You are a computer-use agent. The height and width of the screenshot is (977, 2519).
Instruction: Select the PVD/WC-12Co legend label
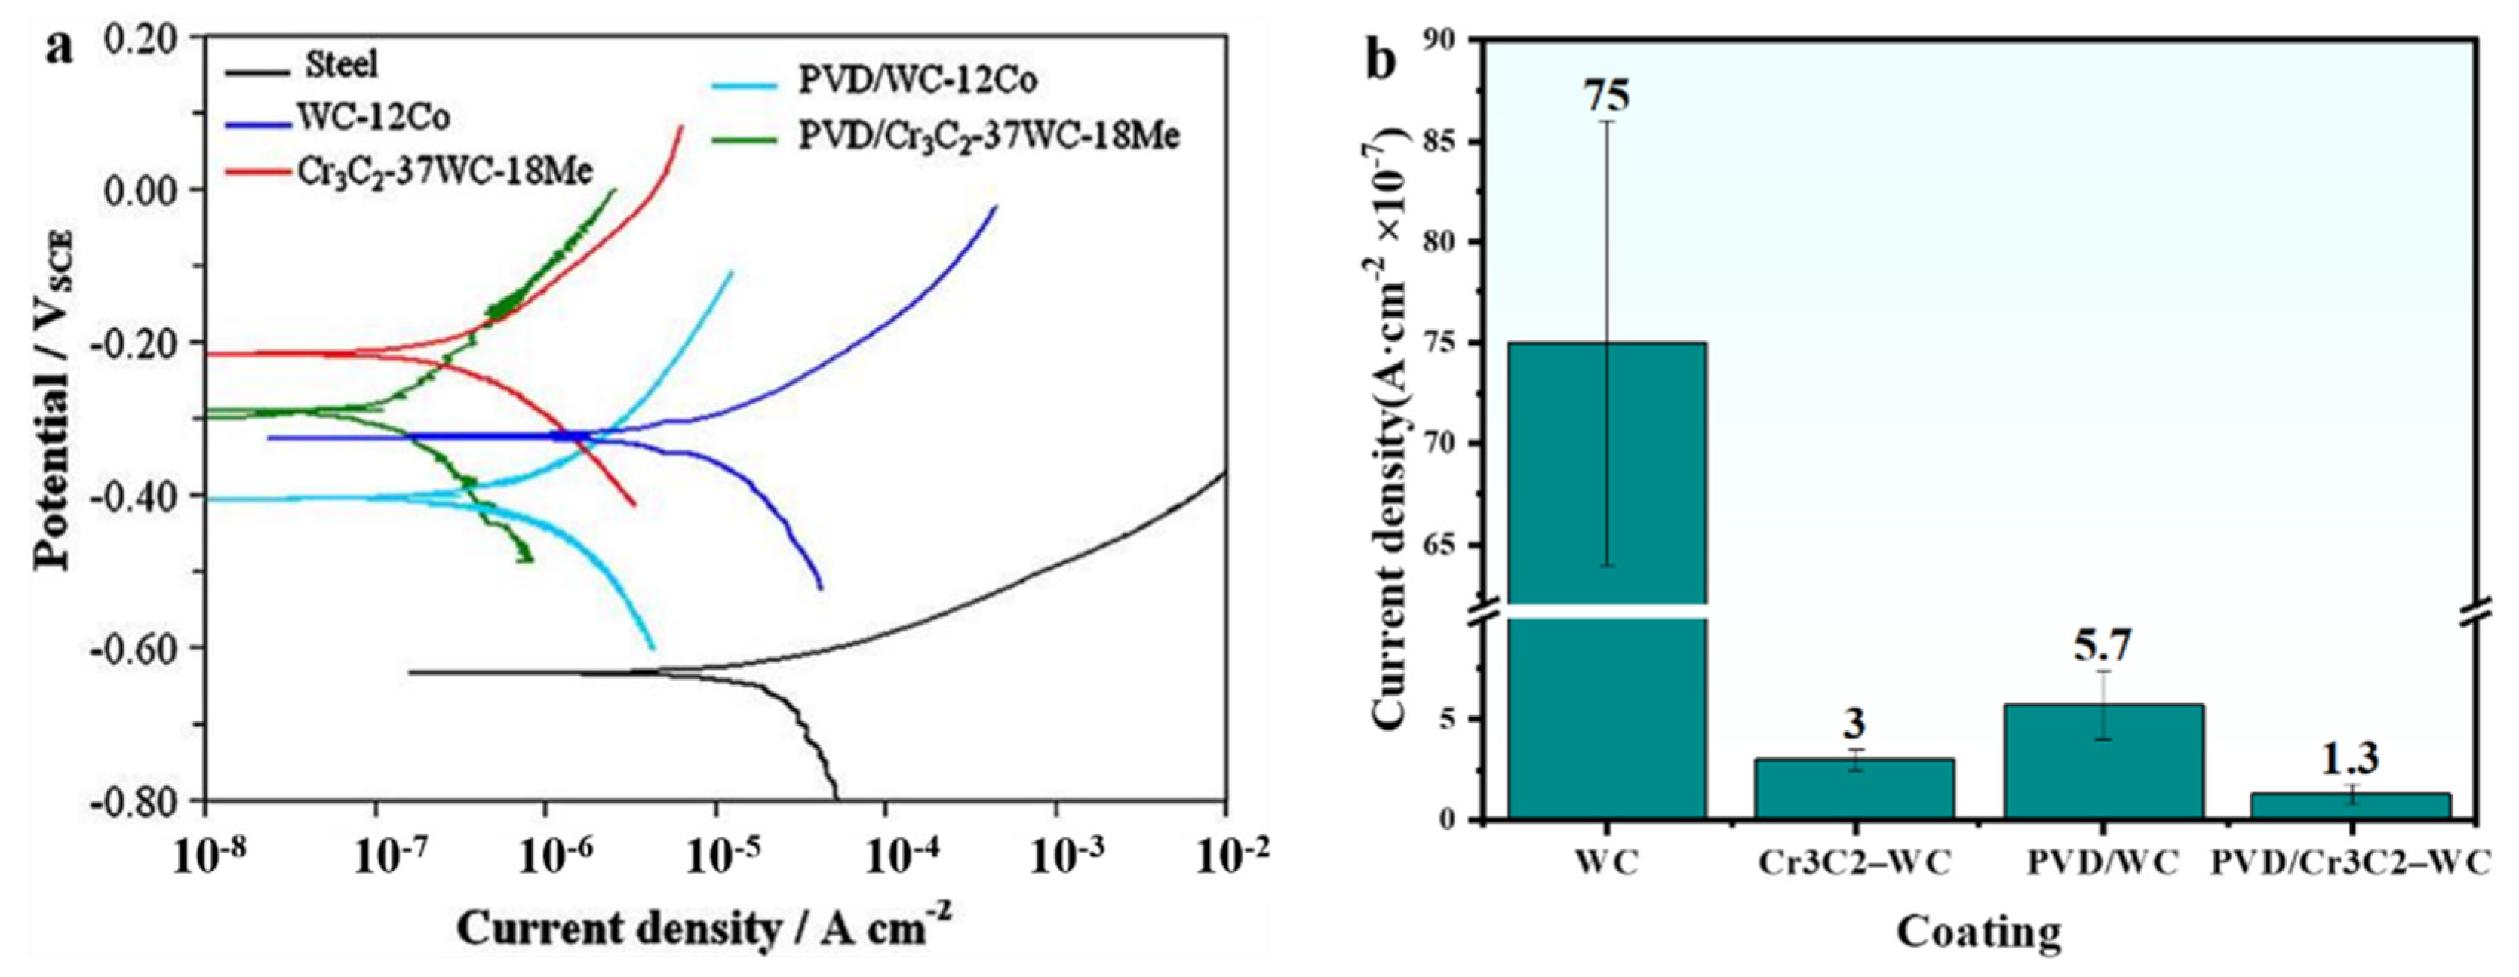point(917,80)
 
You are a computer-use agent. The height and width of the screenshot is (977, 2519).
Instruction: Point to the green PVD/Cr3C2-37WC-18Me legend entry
point(988,135)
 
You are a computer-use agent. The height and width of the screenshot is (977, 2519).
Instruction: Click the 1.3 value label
point(2350,758)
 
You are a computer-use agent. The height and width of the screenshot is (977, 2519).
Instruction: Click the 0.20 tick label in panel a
point(141,38)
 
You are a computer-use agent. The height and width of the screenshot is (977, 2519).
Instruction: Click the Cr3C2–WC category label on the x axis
point(1854,864)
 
